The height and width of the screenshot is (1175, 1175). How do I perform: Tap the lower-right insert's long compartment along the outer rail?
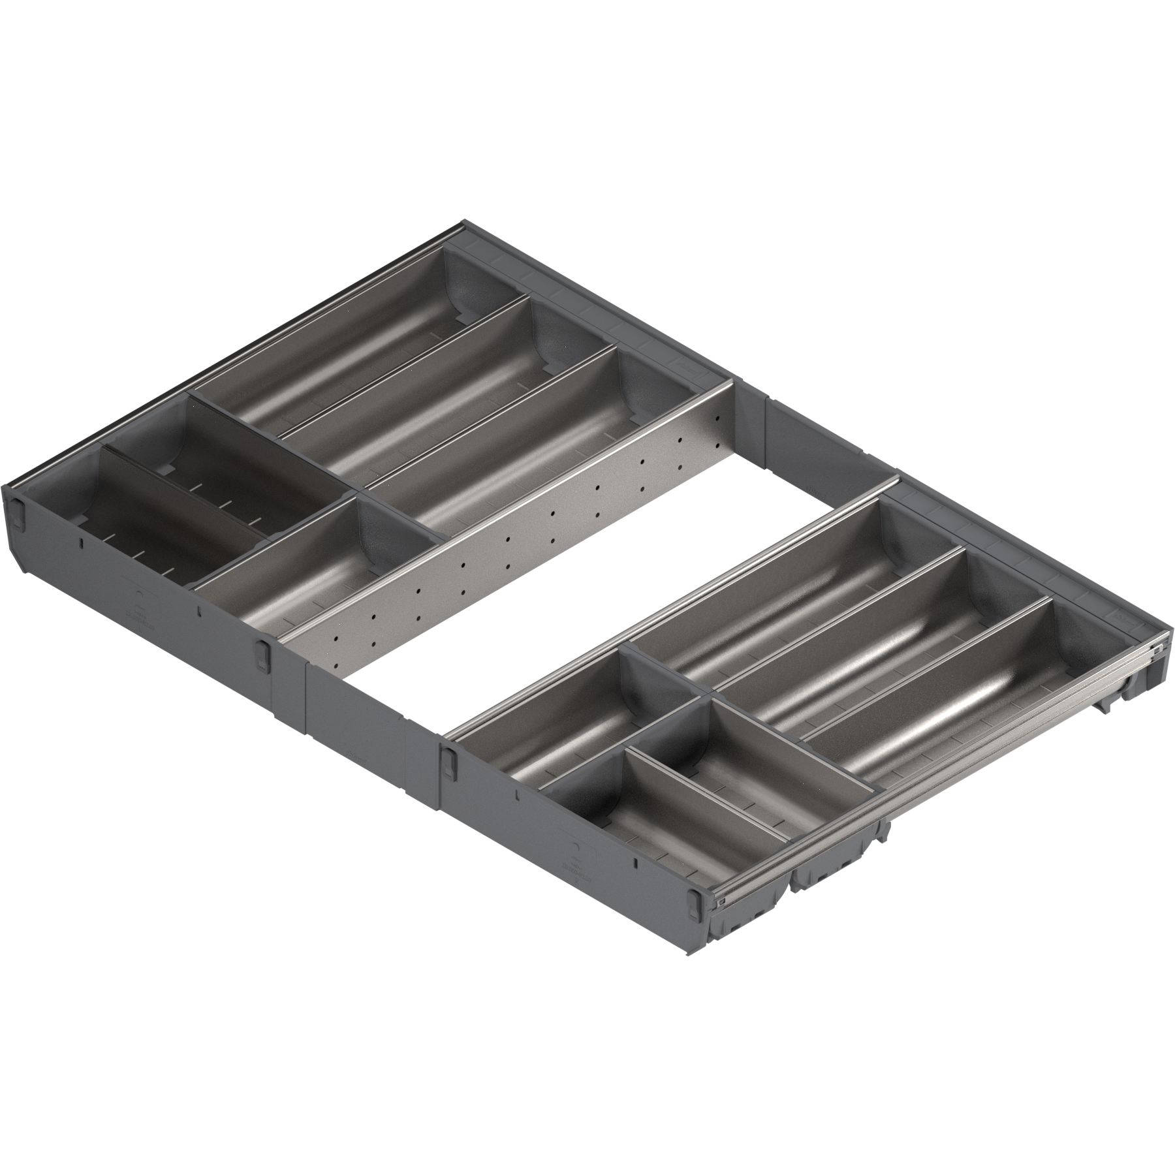point(940,718)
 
